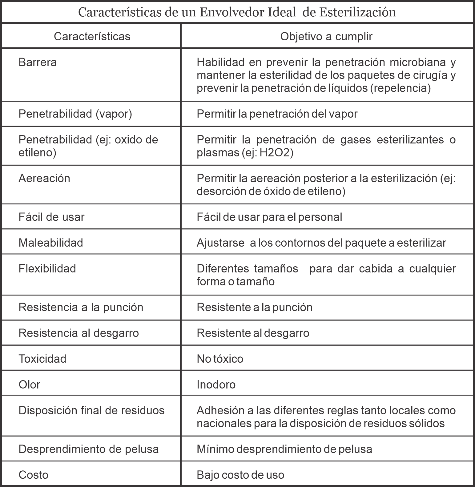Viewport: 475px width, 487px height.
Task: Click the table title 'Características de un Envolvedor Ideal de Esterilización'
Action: [237, 12]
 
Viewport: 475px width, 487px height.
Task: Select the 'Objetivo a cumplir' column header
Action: [326, 36]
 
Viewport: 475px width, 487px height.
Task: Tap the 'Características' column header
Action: [92, 36]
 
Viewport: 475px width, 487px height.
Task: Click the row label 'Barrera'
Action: [38, 62]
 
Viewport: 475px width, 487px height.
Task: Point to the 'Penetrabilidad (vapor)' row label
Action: [75, 114]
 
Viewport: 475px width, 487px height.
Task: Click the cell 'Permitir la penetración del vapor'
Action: [277, 114]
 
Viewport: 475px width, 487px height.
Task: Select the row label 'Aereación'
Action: [44, 179]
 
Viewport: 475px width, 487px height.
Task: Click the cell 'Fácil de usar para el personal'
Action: [269, 217]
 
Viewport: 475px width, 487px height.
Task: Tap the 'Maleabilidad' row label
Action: [51, 243]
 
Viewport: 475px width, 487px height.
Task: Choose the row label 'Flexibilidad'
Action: [47, 269]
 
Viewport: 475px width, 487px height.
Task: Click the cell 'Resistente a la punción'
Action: [255, 307]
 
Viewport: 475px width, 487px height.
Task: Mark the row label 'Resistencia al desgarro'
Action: [79, 333]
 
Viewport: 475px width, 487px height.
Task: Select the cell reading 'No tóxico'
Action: [220, 359]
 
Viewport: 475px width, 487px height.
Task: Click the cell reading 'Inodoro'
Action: [216, 385]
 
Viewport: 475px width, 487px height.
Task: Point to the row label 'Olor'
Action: [30, 385]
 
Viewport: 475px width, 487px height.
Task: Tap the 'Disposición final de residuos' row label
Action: [91, 411]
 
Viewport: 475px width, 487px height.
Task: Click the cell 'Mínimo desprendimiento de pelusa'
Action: [284, 449]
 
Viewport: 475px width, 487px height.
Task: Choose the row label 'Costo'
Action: [34, 475]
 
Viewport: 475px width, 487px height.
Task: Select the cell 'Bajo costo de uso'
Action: [240, 475]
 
